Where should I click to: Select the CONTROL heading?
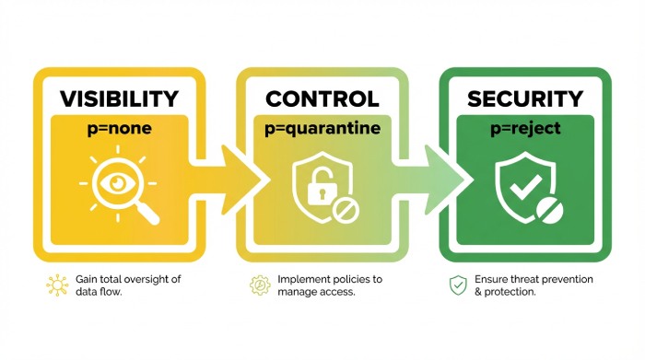[x=322, y=98]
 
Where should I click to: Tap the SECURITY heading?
[x=524, y=98]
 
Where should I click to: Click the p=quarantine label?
[x=322, y=130]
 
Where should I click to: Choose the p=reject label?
[x=525, y=130]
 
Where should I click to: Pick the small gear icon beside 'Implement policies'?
[x=259, y=285]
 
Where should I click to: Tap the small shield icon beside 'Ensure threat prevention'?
[x=458, y=285]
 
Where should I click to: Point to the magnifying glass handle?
[x=147, y=212]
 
